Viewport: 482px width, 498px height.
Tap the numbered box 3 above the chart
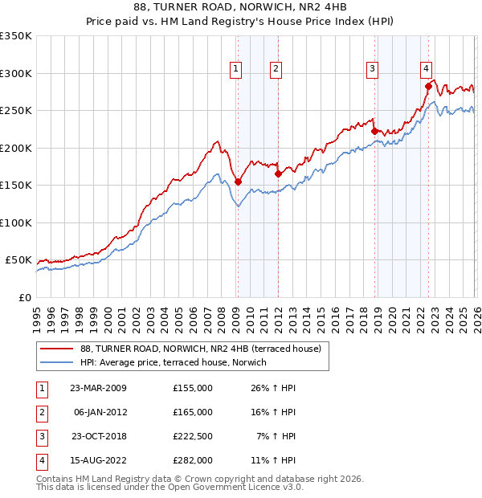coord(373,70)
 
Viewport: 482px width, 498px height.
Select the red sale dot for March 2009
coord(238,182)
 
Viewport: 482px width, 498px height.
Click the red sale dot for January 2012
coord(278,173)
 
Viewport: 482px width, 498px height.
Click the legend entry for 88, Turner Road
coord(200,349)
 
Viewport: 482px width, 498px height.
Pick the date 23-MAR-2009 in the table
coord(98,388)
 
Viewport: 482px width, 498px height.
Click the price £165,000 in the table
coord(193,411)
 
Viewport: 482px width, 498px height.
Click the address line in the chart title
coord(241,10)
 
